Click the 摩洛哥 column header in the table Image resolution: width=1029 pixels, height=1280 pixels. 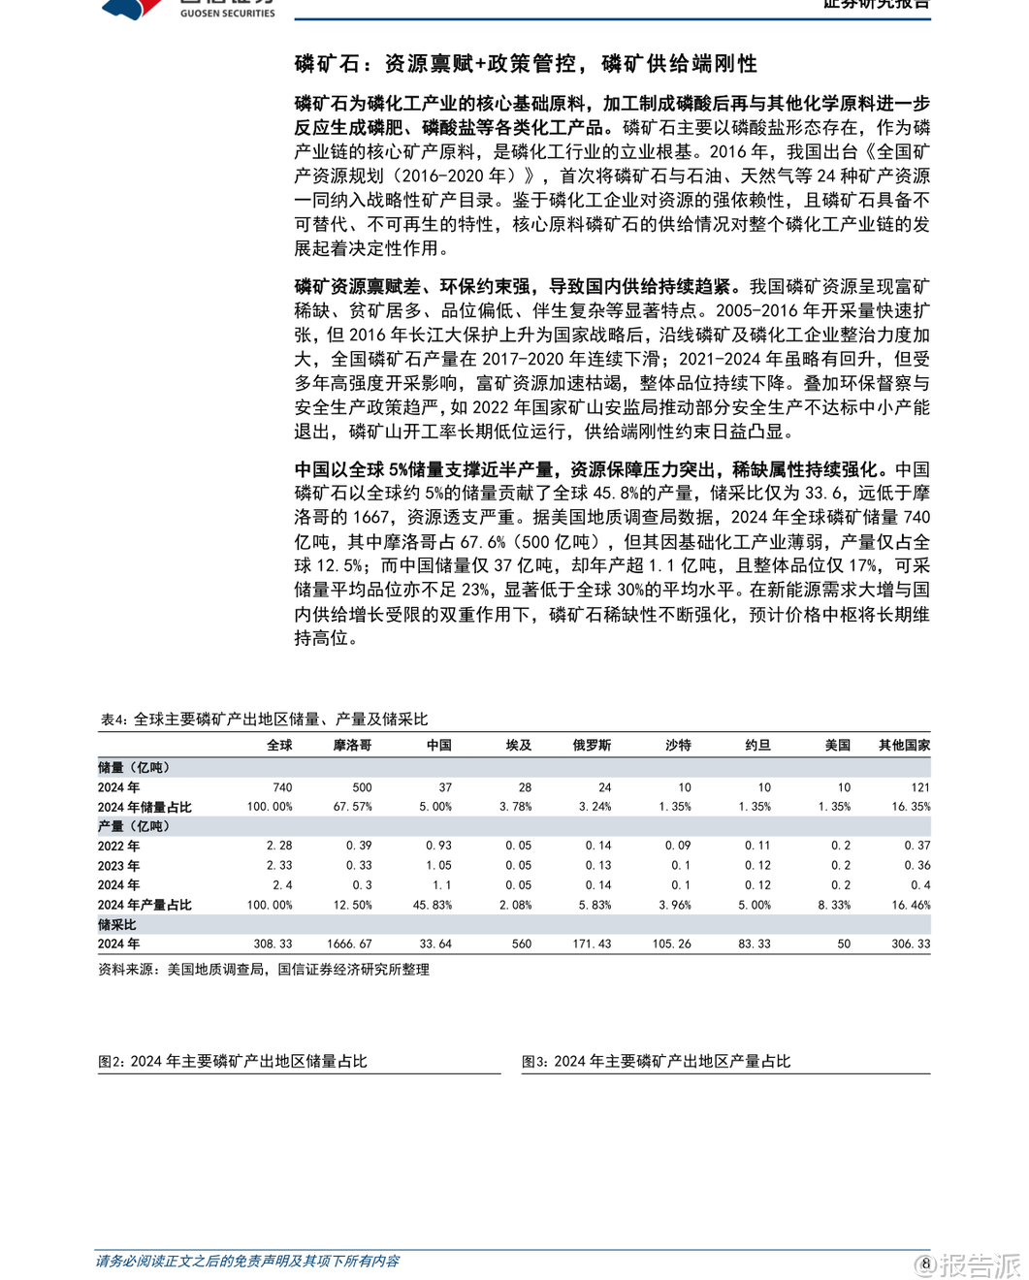pos(352,745)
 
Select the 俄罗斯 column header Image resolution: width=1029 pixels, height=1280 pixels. pos(592,745)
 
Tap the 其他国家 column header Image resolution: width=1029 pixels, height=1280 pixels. pos(904,745)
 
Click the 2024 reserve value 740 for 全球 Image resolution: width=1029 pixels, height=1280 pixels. pos(282,787)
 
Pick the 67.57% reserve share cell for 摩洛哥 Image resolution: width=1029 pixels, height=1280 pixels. pos(352,807)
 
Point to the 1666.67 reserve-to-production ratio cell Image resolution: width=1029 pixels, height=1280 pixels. pos(349,944)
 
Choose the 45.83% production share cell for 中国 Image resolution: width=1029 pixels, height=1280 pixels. pos(433,905)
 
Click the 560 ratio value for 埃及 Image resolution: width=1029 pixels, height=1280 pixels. pos(522,944)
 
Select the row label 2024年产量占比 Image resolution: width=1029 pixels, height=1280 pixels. pos(145,905)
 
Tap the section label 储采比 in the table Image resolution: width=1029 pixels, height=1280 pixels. pos(117,925)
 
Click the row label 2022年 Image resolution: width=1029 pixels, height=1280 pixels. pos(118,846)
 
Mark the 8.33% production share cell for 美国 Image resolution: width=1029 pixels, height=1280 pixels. pos(834,905)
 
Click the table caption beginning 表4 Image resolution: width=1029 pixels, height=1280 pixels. pos(264,720)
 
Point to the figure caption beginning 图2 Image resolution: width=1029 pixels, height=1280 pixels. pos(233,1062)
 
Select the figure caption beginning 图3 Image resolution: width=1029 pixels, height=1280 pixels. pos(657,1062)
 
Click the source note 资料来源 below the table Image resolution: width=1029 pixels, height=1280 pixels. pos(264,970)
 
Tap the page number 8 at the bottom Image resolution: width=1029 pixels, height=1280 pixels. pos(926,1263)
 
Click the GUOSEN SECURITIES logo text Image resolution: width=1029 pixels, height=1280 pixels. pos(227,13)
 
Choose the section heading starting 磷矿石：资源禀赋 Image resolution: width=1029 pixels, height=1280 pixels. pos(526,64)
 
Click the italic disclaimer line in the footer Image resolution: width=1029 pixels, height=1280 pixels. pos(247,1262)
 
